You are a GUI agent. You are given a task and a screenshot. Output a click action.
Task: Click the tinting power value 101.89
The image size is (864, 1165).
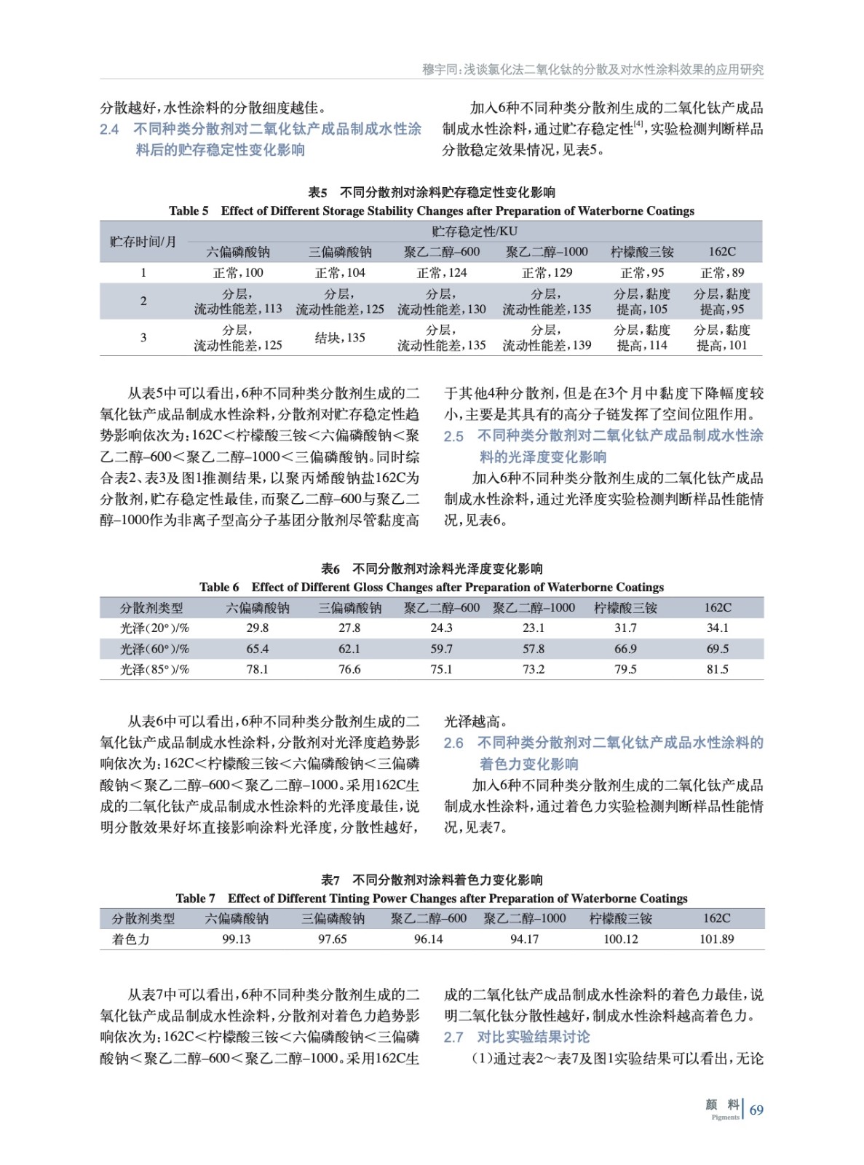click(x=716, y=939)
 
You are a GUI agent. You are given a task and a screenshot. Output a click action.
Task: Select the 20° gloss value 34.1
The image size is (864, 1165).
click(x=717, y=628)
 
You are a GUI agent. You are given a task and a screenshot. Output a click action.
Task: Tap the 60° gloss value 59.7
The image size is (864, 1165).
click(x=441, y=649)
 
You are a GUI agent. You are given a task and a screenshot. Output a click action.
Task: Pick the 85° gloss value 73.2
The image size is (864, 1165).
click(x=533, y=669)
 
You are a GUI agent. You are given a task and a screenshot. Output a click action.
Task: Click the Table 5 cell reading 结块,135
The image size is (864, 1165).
click(x=340, y=338)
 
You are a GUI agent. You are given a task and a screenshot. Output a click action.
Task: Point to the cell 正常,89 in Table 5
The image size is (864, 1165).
click(x=721, y=273)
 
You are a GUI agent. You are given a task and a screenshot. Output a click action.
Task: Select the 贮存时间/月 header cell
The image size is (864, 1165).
click(x=143, y=242)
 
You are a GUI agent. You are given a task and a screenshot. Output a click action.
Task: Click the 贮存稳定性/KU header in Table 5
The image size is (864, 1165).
click(x=474, y=232)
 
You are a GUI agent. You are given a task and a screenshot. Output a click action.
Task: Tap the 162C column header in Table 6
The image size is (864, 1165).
click(x=717, y=607)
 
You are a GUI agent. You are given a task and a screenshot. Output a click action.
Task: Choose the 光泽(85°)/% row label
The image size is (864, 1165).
click(x=154, y=669)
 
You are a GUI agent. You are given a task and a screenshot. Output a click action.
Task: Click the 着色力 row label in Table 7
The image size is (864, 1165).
click(x=131, y=939)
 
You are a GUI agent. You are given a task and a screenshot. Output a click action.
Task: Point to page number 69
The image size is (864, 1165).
click(x=756, y=1110)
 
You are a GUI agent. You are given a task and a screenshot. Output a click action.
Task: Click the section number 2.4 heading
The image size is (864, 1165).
click(x=109, y=130)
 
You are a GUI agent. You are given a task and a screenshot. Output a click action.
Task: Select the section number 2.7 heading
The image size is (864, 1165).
click(x=453, y=1037)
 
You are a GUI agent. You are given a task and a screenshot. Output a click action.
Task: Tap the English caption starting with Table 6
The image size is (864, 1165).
click(x=431, y=587)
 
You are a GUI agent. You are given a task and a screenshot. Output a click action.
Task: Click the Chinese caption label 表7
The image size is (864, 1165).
click(x=330, y=880)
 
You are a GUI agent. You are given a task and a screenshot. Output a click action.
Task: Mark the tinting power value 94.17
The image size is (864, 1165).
click(x=524, y=939)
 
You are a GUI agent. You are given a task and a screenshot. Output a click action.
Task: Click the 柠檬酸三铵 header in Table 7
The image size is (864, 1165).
click(x=620, y=919)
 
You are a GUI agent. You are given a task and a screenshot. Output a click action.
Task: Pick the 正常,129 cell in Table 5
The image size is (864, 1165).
click(x=547, y=273)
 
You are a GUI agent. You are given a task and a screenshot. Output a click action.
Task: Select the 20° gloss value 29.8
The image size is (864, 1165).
click(x=257, y=628)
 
